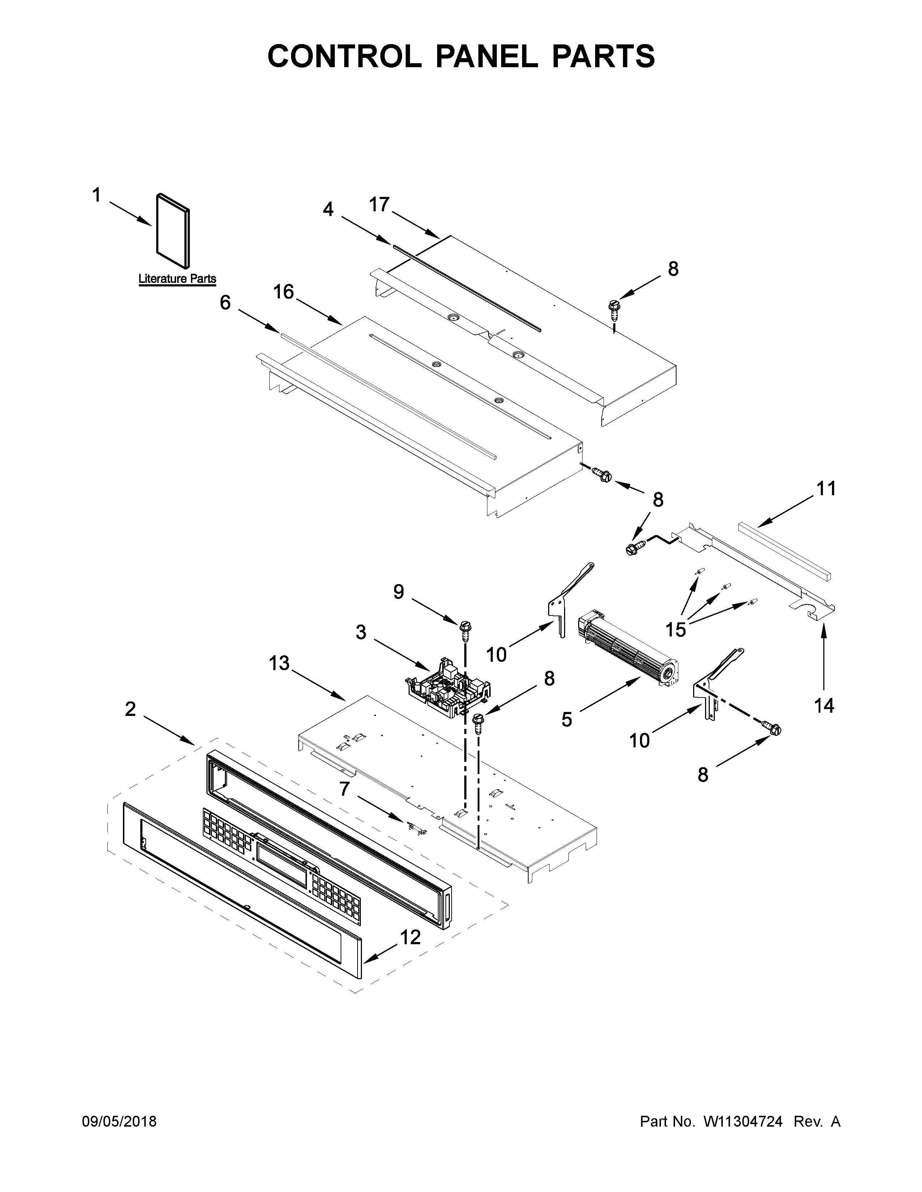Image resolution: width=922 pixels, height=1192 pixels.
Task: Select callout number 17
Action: [x=379, y=205]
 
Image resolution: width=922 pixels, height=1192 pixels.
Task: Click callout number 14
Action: [x=824, y=706]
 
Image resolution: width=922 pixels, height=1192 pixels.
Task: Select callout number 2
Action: [x=130, y=709]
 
